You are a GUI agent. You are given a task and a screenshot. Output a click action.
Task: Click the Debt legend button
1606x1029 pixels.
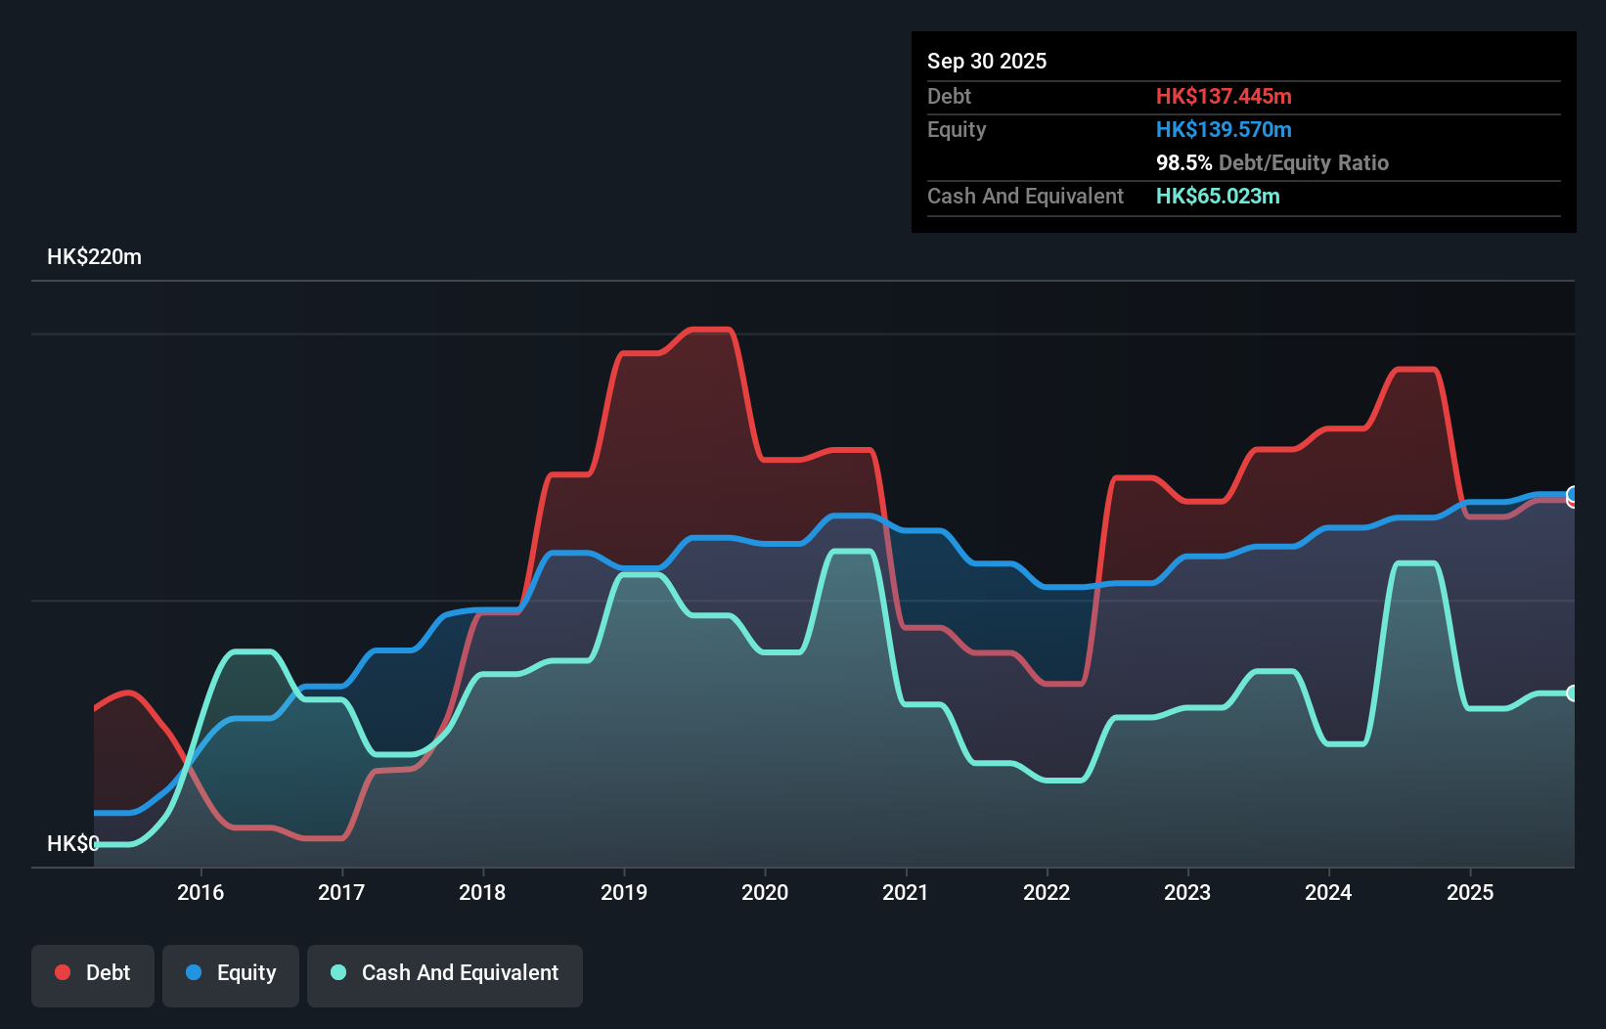coord(93,973)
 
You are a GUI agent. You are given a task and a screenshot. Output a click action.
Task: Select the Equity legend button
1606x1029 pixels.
coord(231,973)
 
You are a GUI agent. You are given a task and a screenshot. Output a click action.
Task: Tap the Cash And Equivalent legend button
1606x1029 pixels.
coord(445,973)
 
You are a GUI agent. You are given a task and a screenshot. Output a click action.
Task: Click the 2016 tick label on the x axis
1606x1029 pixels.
coord(201,892)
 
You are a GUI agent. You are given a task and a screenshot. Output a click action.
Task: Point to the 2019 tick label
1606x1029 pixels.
coord(624,892)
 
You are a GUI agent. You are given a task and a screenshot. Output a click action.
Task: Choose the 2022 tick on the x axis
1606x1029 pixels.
coord(1047,892)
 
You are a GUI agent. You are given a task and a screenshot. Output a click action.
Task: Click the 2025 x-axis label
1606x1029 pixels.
coord(1470,892)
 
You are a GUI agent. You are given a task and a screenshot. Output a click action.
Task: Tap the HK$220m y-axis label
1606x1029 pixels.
coord(94,257)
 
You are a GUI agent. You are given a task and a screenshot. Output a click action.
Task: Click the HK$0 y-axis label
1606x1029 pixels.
coord(72,843)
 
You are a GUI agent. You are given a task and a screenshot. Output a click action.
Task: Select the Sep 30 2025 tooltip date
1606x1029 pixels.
coord(987,62)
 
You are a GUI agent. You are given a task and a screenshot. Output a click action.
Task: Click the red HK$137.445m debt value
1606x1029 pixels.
coord(1224,97)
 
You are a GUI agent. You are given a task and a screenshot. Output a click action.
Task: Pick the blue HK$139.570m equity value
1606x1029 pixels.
coord(1224,130)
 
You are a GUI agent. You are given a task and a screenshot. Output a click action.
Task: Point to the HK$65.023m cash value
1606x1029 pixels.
coord(1218,197)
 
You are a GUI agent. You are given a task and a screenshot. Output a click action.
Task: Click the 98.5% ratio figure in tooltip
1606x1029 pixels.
coord(1183,163)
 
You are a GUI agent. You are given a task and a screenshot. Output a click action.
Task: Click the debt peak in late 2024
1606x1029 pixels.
coord(1415,370)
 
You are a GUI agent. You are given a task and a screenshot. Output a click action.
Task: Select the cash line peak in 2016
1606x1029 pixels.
coord(251,651)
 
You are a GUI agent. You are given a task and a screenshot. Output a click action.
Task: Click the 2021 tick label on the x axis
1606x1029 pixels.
coord(906,892)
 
